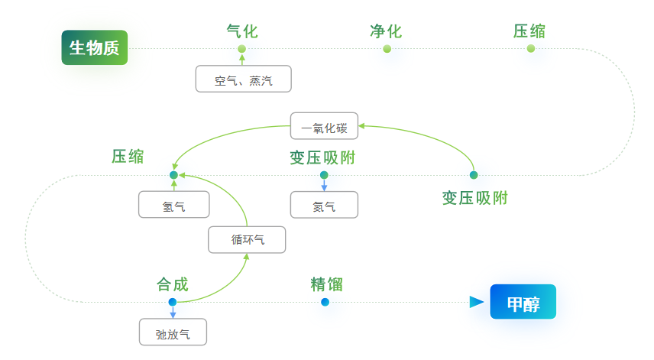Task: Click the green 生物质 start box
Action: coord(95,48)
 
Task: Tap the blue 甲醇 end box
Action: coord(523,303)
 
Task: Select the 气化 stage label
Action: coord(242,31)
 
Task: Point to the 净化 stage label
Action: coord(386,31)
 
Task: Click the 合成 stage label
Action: coord(173,285)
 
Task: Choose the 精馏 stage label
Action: coord(326,285)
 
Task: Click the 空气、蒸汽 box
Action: coord(243,79)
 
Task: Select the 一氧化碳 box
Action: coord(324,126)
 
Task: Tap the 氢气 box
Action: coord(173,205)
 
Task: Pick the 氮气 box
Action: coord(324,205)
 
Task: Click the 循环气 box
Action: coord(247,240)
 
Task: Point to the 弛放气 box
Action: coord(173,332)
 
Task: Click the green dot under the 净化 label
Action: coord(387,49)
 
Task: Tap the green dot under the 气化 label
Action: coord(242,49)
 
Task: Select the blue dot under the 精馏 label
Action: coord(325,302)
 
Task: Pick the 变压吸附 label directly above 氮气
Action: coord(322,158)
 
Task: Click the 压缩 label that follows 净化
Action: coord(529,31)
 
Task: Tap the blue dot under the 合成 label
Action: coord(173,302)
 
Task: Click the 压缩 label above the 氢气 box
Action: coord(128,157)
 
